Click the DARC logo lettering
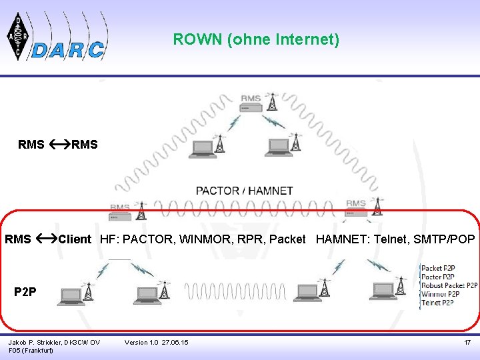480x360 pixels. pyautogui.click(x=69, y=49)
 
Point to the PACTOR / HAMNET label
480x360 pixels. pyautogui.click(x=244, y=191)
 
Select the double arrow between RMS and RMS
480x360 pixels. pyautogui.click(x=57, y=144)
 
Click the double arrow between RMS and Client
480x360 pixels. pyautogui.click(x=45, y=239)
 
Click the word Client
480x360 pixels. pyautogui.click(x=75, y=239)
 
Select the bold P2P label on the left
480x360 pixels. pyautogui.click(x=25, y=291)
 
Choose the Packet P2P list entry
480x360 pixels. pyautogui.click(x=438, y=268)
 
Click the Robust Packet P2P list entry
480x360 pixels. pyautogui.click(x=449, y=285)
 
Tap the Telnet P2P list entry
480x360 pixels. pyautogui.click(x=437, y=303)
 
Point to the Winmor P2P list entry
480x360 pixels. pyautogui.click(x=440, y=294)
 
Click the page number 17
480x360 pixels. pyautogui.click(x=467, y=342)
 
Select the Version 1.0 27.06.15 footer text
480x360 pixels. pyautogui.click(x=156, y=342)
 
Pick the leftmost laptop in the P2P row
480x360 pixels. pyautogui.click(x=71, y=294)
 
